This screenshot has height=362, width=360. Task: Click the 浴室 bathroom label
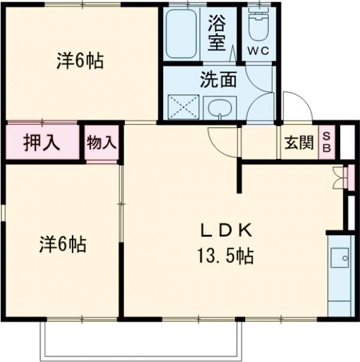[x=216, y=34]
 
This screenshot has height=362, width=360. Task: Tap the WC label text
[x=259, y=51]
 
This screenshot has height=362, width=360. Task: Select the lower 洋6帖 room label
[x=62, y=244]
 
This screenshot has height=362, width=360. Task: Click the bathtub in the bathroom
[x=182, y=34]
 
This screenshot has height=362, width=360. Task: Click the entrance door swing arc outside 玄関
[x=296, y=107]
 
